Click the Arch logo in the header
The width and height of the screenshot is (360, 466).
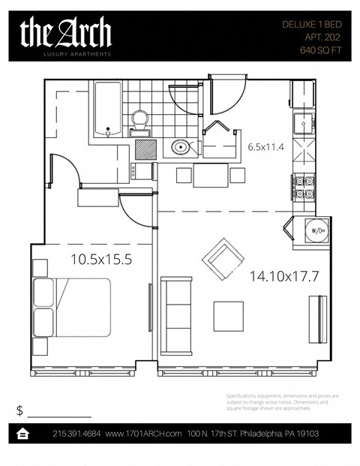66,34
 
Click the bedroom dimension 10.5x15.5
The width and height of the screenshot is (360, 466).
101,260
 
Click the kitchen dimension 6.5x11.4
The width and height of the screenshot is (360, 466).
266,147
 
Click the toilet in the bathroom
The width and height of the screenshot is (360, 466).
139,120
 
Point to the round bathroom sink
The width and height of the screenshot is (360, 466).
181,146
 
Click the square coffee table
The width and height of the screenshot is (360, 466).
229,316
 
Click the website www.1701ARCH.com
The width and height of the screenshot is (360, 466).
144,434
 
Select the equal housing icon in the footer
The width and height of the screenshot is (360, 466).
23,434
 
